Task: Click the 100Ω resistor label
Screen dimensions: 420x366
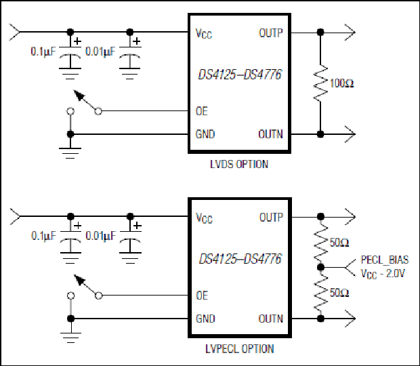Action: click(342, 83)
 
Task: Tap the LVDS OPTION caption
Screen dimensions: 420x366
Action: click(239, 164)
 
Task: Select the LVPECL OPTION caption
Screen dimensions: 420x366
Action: click(240, 348)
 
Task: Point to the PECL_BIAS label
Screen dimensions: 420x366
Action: click(385, 260)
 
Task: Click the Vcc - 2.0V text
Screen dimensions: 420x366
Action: click(383, 274)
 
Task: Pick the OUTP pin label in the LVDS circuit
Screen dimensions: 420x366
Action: click(271, 33)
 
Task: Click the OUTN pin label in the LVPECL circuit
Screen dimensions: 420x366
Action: click(271, 319)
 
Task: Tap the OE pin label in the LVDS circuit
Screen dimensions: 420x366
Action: click(202, 111)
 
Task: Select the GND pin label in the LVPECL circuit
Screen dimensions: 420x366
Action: click(205, 319)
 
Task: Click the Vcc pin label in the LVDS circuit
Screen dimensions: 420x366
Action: click(204, 34)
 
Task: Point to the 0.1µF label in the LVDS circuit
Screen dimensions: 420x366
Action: click(43, 52)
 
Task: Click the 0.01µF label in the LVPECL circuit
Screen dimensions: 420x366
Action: click(101, 236)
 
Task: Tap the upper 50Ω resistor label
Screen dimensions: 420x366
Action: click(339, 243)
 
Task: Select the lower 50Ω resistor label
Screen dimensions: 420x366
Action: click(339, 293)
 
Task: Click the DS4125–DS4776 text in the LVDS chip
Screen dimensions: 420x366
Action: click(240, 75)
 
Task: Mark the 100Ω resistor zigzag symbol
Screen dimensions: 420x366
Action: click(320, 83)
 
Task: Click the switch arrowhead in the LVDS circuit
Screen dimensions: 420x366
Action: click(79, 96)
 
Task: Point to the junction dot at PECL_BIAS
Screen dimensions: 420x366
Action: click(320, 268)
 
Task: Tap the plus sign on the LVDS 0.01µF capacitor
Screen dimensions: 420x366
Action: click(137, 41)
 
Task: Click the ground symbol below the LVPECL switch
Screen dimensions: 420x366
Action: click(70, 338)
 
